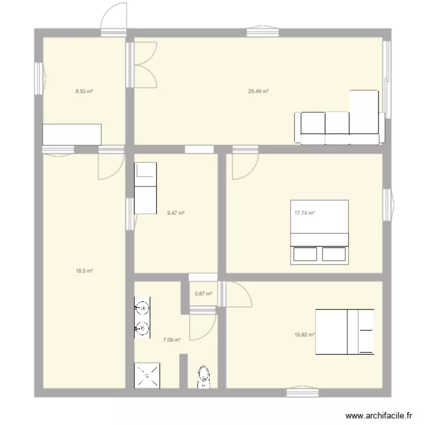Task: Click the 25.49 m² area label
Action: pos(258,91)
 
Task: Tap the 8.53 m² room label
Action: pos(84,91)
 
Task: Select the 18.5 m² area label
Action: pos(84,271)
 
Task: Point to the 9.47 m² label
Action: pos(176,214)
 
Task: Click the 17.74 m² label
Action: pos(304,214)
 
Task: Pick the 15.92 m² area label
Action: pos(304,334)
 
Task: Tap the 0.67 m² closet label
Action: pos(203,294)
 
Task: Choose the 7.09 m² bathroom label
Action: pos(172,340)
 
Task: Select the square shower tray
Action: pos(146,376)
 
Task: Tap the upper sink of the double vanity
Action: pos(143,308)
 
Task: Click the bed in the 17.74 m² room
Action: pos(320,232)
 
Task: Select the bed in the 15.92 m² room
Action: pos(345,332)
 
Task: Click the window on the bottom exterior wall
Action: pos(302,392)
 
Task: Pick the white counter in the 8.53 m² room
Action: pos(72,134)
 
